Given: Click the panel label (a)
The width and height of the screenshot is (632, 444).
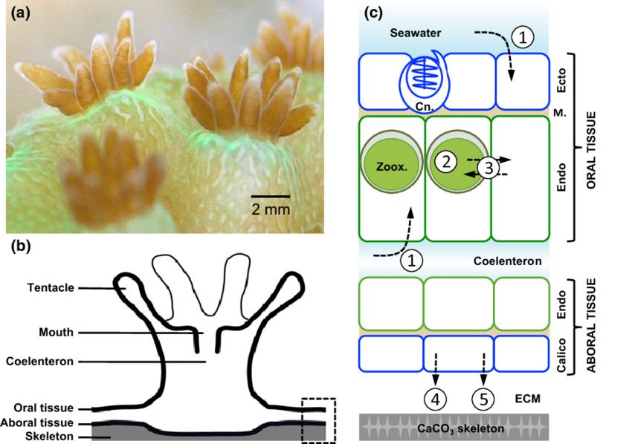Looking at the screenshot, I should click(x=19, y=13).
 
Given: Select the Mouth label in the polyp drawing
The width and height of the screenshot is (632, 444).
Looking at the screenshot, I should click(x=58, y=333).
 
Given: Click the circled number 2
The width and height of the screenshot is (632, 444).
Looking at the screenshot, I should click(x=447, y=161).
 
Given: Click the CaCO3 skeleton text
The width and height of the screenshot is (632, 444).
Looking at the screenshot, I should click(x=454, y=428).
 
